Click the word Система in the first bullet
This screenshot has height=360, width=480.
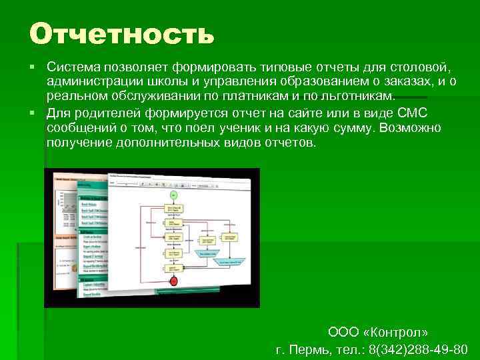click(x=70, y=67)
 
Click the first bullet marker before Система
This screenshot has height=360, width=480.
click(x=32, y=67)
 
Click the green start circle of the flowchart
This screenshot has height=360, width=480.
click(x=173, y=194)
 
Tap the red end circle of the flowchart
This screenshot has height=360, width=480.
click(x=175, y=281)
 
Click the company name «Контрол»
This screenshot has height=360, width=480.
click(x=398, y=332)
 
